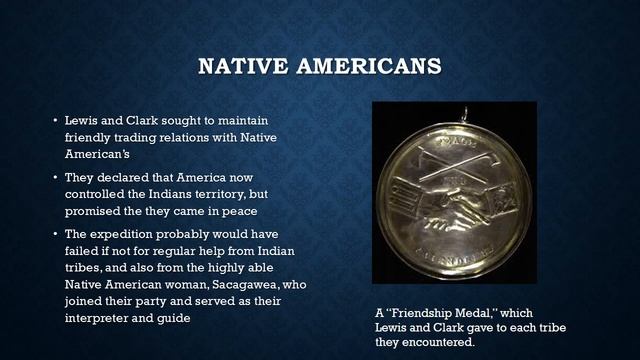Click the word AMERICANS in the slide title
pyautogui.click(x=356, y=67)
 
